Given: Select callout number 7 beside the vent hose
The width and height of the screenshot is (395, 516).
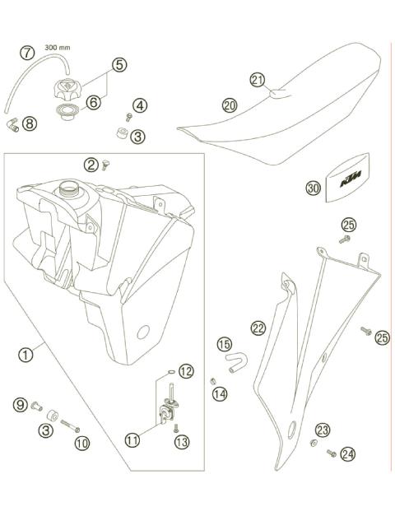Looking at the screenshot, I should [x=28, y=53].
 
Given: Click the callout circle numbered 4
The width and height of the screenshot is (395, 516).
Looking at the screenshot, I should [x=141, y=105].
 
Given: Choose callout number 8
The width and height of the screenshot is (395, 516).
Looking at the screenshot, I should [x=30, y=124].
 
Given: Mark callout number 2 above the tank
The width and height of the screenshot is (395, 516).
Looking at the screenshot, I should [x=91, y=165].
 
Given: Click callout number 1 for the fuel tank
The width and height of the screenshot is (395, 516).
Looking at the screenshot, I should [x=27, y=356].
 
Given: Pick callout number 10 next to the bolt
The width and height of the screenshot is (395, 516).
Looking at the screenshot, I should [x=81, y=442].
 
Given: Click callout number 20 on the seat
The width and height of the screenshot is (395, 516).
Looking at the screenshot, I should [x=229, y=105].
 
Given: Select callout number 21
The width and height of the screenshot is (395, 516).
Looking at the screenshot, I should [x=257, y=80].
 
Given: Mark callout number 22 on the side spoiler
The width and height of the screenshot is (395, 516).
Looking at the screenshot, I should [x=258, y=328].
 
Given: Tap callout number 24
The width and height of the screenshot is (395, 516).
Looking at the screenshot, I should [x=348, y=453].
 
